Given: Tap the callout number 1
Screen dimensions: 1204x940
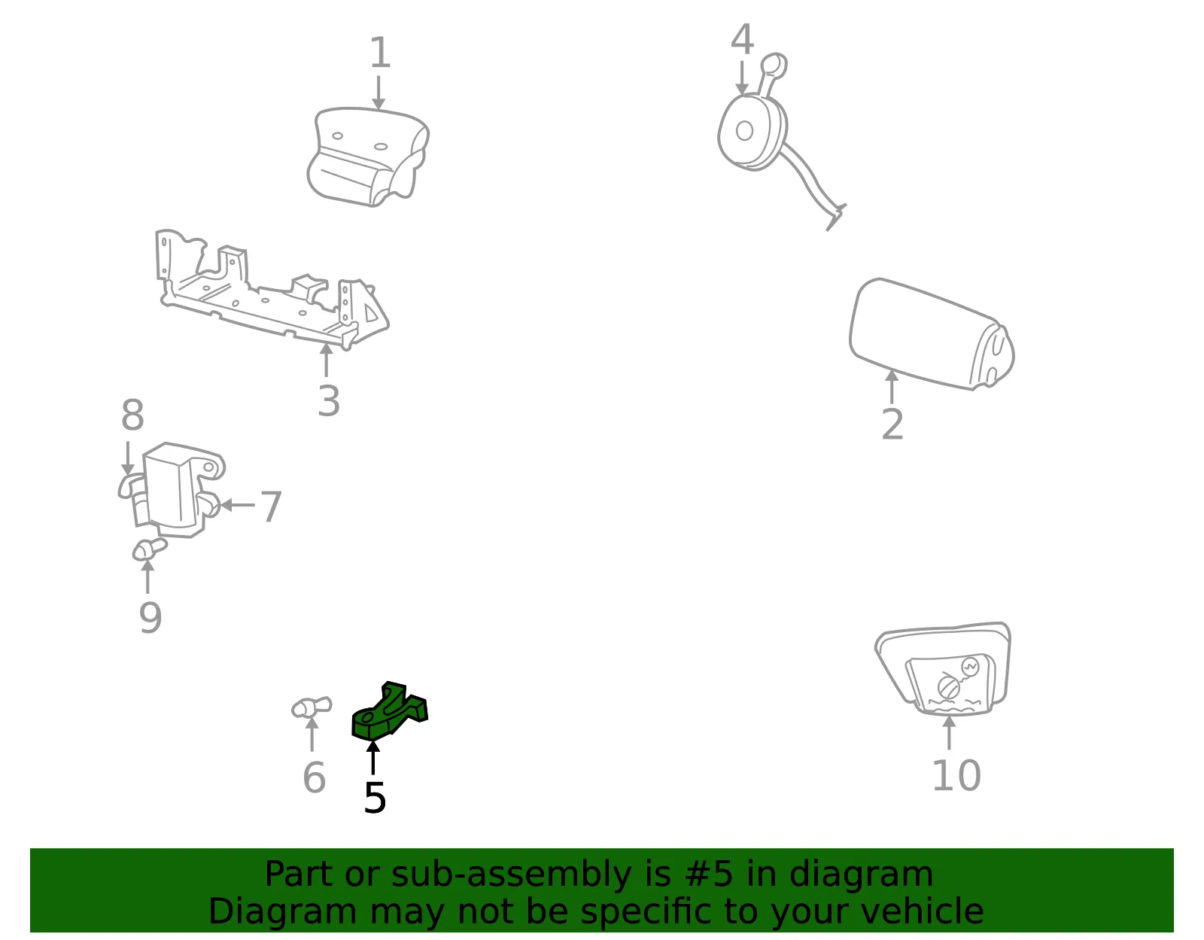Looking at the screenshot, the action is pos(379,53).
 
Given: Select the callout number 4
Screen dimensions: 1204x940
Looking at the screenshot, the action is pos(743,39).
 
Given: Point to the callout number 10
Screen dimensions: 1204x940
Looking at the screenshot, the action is pos(957,775).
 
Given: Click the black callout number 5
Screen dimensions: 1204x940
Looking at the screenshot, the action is pos(375,799).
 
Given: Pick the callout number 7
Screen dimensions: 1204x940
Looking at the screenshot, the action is pos(271,507).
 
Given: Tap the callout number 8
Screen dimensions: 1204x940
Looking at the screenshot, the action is pos(132,415).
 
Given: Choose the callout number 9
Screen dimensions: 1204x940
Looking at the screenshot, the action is pos(150,618).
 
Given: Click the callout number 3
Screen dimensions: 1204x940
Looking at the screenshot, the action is pos(329,401).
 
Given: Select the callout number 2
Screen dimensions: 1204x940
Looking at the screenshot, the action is pos(892,425).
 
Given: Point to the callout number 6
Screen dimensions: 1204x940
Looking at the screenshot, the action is pos(314,777).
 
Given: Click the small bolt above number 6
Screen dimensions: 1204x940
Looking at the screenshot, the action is pos(312,707).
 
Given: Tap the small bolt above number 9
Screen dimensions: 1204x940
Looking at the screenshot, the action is pos(149,549).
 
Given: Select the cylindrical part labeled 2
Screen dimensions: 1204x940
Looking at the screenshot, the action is pos(931,334).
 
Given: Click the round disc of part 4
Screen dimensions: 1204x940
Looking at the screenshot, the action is pos(751,132).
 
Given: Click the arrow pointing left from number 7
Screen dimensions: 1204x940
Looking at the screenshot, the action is pos(237,505).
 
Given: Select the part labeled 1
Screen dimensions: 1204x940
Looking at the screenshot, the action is pos(368,157).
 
